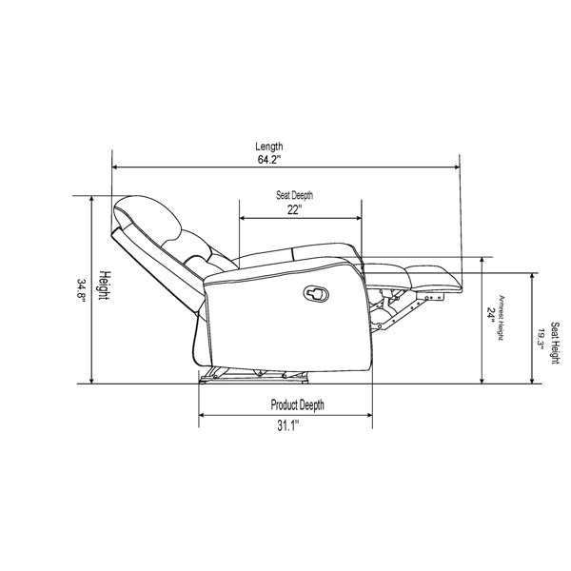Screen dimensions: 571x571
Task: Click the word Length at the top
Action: (x=269, y=147)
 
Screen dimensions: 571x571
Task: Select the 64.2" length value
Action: (x=269, y=160)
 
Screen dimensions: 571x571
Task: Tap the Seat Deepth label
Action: (x=294, y=195)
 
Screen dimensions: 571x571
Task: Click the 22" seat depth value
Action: (x=294, y=210)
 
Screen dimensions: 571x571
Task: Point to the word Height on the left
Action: (x=105, y=285)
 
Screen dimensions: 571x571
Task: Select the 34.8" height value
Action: (x=81, y=290)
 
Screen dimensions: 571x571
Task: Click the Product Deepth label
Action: (x=297, y=405)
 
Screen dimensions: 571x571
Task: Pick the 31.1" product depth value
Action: (x=288, y=425)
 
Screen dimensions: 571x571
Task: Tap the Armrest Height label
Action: (x=502, y=318)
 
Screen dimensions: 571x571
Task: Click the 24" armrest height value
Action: (x=491, y=315)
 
